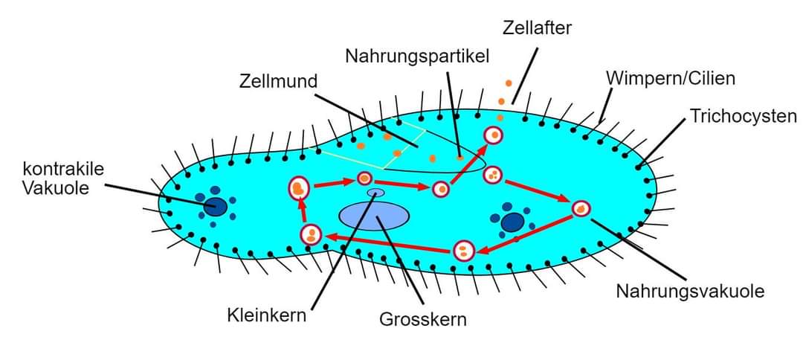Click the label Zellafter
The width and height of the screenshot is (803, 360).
click(x=536, y=28)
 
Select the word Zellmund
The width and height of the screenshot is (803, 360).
click(x=279, y=81)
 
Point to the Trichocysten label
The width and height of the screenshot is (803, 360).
click(x=743, y=116)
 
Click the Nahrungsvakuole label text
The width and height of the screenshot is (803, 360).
click(x=690, y=291)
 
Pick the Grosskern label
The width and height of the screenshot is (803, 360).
click(x=423, y=320)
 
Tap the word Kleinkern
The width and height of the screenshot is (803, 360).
click(x=267, y=315)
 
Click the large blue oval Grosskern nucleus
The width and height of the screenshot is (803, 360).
click(x=374, y=216)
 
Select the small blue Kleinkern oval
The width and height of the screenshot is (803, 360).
click(x=376, y=193)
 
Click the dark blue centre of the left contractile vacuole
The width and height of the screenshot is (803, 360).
click(x=216, y=207)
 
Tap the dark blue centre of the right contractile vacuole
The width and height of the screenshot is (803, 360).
click(x=512, y=222)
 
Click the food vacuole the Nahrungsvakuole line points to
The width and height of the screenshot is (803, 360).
click(x=581, y=209)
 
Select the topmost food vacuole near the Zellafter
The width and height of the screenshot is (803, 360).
click(x=492, y=135)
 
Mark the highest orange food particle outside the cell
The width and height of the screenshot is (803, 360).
click(x=509, y=83)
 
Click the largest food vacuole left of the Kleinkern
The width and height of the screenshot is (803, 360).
click(x=299, y=188)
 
